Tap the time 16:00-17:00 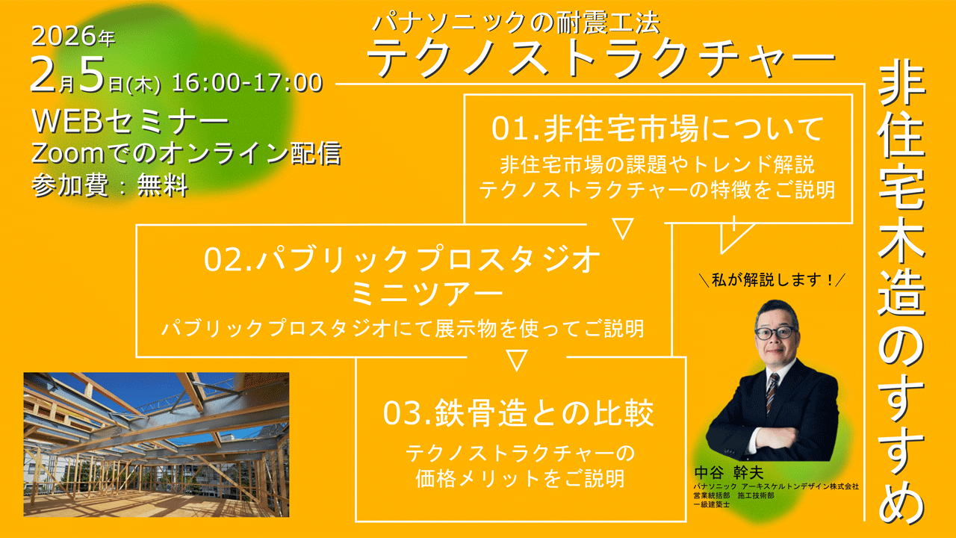pos(247,83)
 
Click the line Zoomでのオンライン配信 pos(186,153)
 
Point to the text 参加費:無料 pos(110,184)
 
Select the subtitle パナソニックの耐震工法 pos(516,23)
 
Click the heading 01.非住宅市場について pos(658,129)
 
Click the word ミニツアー pos(403,294)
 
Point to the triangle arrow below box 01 pos(623,228)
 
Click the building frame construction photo pos(156,445)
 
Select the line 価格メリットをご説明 pos(520,478)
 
